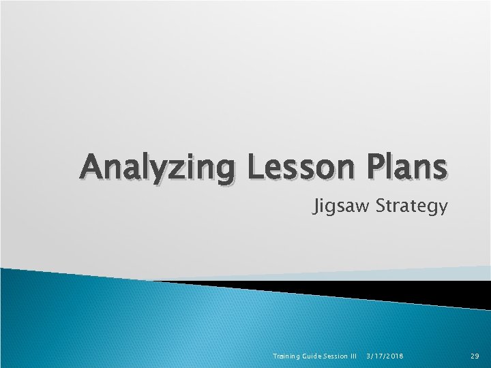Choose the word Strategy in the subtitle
click(x=411, y=206)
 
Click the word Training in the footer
click(x=286, y=356)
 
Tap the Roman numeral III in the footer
click(x=353, y=356)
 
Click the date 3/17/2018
click(x=385, y=356)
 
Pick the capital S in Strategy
click(x=381, y=205)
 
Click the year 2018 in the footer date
click(x=393, y=356)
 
